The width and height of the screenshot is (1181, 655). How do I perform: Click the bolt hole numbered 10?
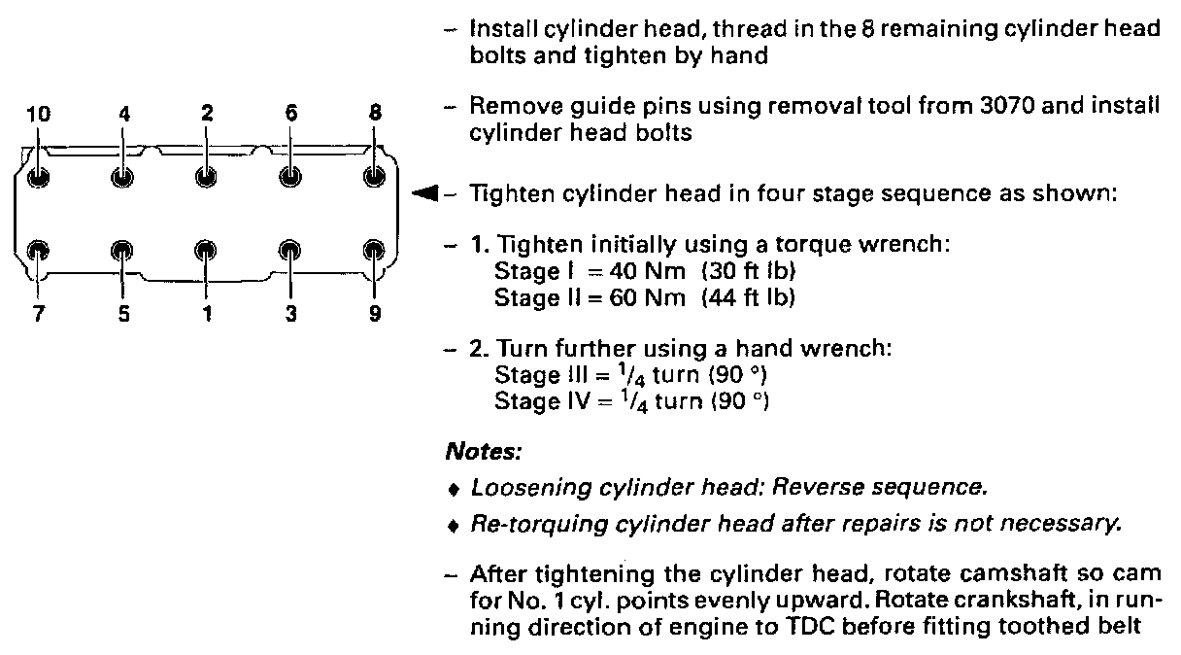tap(38, 177)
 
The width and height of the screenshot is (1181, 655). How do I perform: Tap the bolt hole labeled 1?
tap(206, 250)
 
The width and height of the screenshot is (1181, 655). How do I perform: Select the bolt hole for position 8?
tap(374, 177)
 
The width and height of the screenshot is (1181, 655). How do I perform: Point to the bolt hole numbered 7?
tap(38, 250)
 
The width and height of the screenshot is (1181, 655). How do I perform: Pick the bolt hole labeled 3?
tap(289, 250)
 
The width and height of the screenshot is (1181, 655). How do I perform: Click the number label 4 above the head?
tap(123, 113)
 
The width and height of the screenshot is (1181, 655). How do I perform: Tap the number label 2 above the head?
tap(207, 113)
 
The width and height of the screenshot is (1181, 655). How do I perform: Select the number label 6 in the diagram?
tap(290, 113)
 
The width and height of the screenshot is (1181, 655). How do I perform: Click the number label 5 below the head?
tap(123, 313)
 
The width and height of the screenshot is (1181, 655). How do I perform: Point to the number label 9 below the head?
tap(375, 313)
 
